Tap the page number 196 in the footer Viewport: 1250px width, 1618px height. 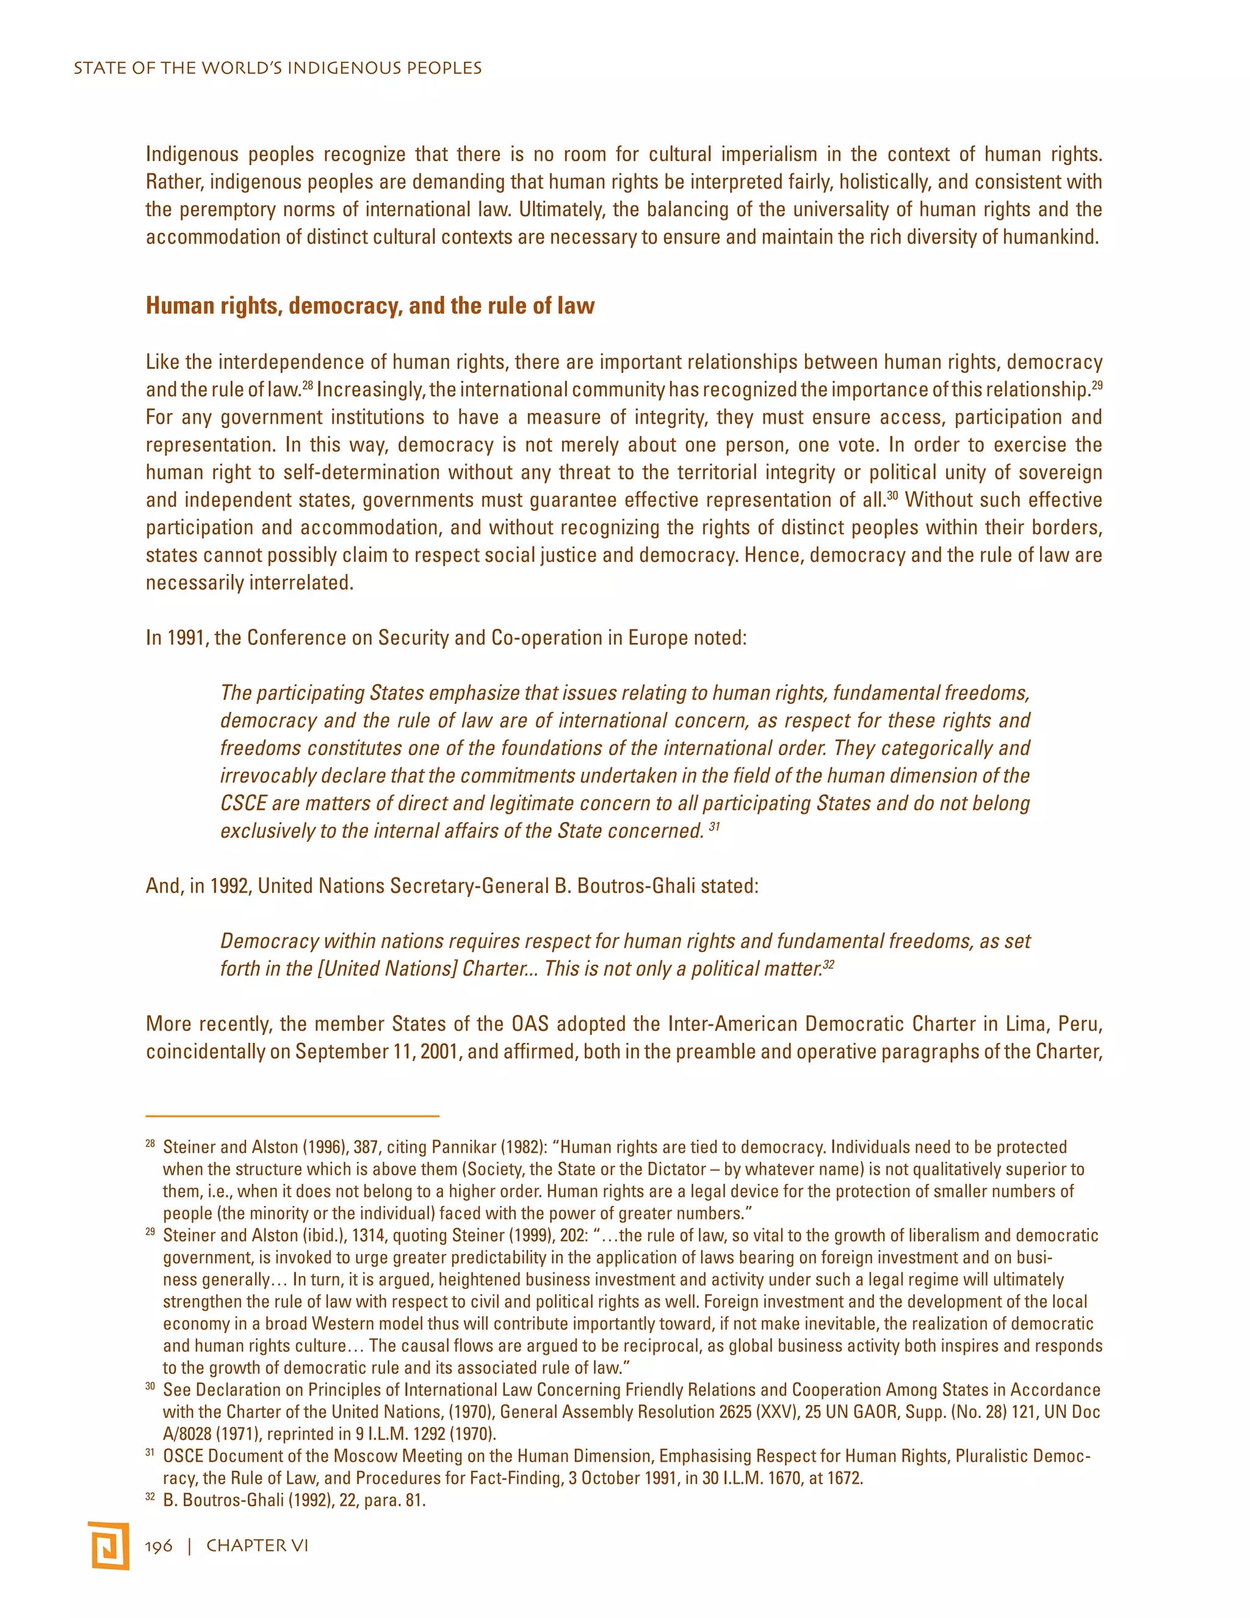tap(159, 1545)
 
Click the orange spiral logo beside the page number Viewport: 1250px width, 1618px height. tap(108, 1545)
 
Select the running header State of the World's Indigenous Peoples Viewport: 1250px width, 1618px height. tap(278, 68)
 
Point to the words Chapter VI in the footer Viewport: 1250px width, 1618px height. tap(257, 1545)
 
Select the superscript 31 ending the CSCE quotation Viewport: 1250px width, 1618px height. tap(714, 826)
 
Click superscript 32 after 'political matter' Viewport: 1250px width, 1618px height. tap(829, 964)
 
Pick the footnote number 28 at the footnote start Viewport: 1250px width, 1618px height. tap(150, 1145)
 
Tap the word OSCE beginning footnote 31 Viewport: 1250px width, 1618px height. tap(184, 1456)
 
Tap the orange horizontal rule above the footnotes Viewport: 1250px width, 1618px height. tap(292, 1115)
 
